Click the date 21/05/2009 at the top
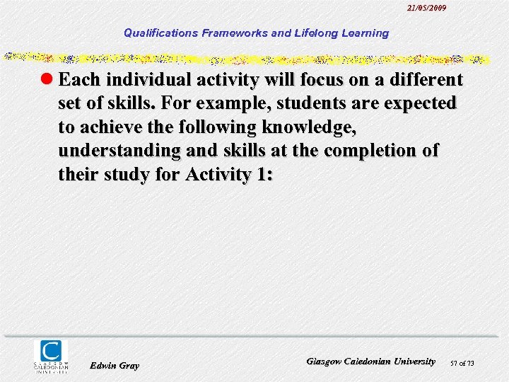pos(426,8)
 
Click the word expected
pos(418,103)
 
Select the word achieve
pos(109,127)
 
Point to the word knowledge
pos(309,127)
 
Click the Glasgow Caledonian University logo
pos(52,356)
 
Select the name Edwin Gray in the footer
pos(115,366)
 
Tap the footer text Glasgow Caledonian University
pos(370,361)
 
